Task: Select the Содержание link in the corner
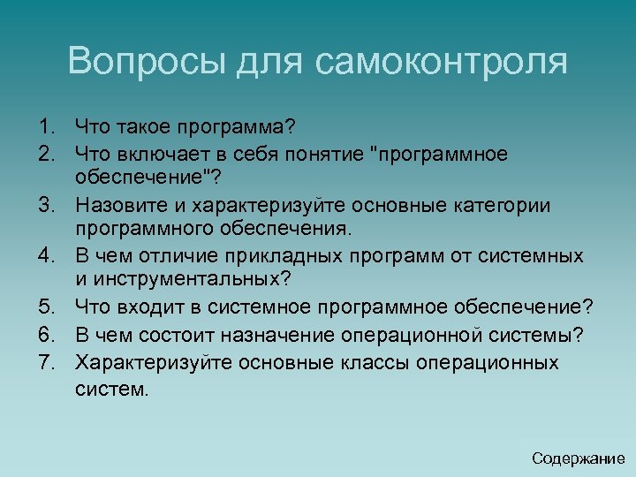[579, 458]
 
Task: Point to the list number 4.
[49, 256]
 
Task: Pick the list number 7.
[49, 363]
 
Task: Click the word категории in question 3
[503, 206]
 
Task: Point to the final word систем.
[112, 389]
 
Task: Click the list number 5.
[49, 307]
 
